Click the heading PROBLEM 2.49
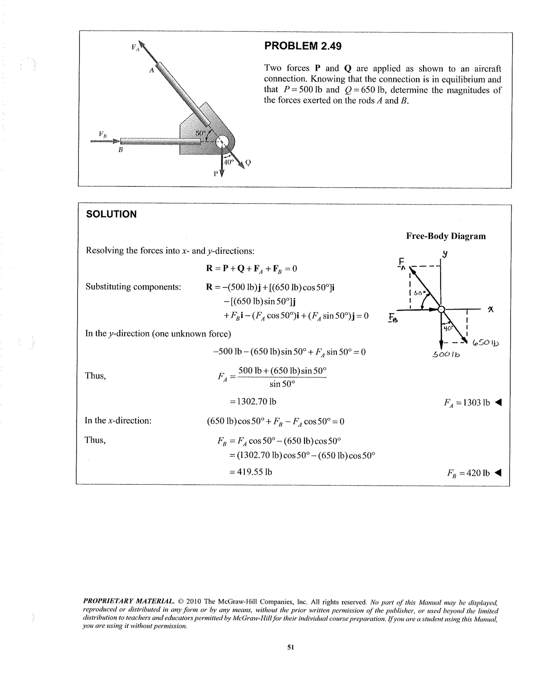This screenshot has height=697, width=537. (303, 46)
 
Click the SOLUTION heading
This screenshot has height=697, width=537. (111, 214)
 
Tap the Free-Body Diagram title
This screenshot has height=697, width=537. (446, 236)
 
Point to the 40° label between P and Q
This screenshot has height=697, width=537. (228, 162)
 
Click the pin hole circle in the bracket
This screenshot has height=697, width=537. (222, 142)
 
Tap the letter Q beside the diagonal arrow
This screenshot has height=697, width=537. (248, 163)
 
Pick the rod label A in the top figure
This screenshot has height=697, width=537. (152, 70)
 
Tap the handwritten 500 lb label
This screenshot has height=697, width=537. (446, 355)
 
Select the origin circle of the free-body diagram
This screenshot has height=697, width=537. (441, 309)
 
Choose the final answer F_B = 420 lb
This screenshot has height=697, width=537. (468, 473)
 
